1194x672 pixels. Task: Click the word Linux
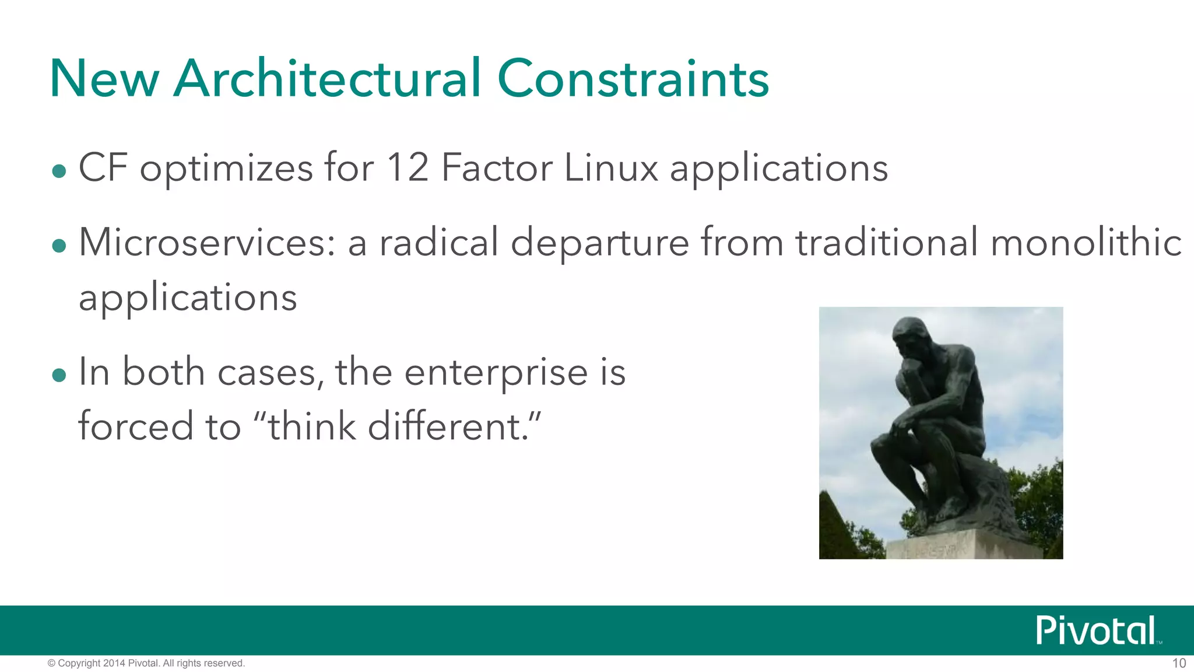[610, 168]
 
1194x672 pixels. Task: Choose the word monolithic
[1086, 242]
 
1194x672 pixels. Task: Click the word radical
[438, 242]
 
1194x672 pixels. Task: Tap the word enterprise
[496, 372]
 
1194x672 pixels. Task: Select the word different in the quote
[447, 426]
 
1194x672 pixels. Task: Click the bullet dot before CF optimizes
[59, 171]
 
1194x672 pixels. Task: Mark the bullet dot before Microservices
[59, 246]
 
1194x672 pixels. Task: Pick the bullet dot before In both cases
[59, 375]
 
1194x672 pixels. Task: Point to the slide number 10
[1179, 663]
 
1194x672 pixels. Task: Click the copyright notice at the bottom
[146, 663]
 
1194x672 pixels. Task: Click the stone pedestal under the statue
[962, 546]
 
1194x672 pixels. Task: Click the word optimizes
[226, 168]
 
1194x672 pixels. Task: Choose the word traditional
[887, 242]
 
